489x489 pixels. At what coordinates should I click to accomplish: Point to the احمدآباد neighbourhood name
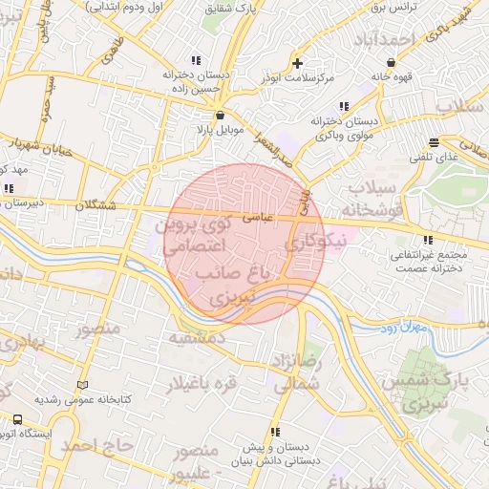(x=384, y=40)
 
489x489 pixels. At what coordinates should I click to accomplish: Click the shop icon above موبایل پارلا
(x=221, y=113)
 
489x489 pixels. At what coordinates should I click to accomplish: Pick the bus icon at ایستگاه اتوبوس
(x=17, y=419)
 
